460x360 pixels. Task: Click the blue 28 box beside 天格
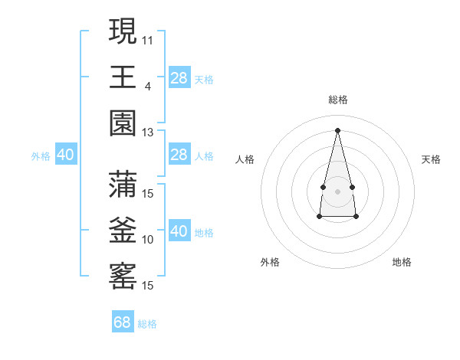point(179,78)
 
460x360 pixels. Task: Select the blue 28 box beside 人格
point(179,155)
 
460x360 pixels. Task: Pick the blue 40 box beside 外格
point(66,155)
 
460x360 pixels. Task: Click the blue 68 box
point(123,322)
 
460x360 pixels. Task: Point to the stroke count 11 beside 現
point(148,39)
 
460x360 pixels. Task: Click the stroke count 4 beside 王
point(148,85)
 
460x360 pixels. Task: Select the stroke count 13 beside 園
point(148,133)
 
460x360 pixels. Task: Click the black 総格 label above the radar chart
point(337,100)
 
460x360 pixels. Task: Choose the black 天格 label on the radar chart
point(431,159)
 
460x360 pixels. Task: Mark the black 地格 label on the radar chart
point(402,262)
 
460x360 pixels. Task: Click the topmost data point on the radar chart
point(337,129)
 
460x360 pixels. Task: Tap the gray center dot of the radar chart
point(337,191)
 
